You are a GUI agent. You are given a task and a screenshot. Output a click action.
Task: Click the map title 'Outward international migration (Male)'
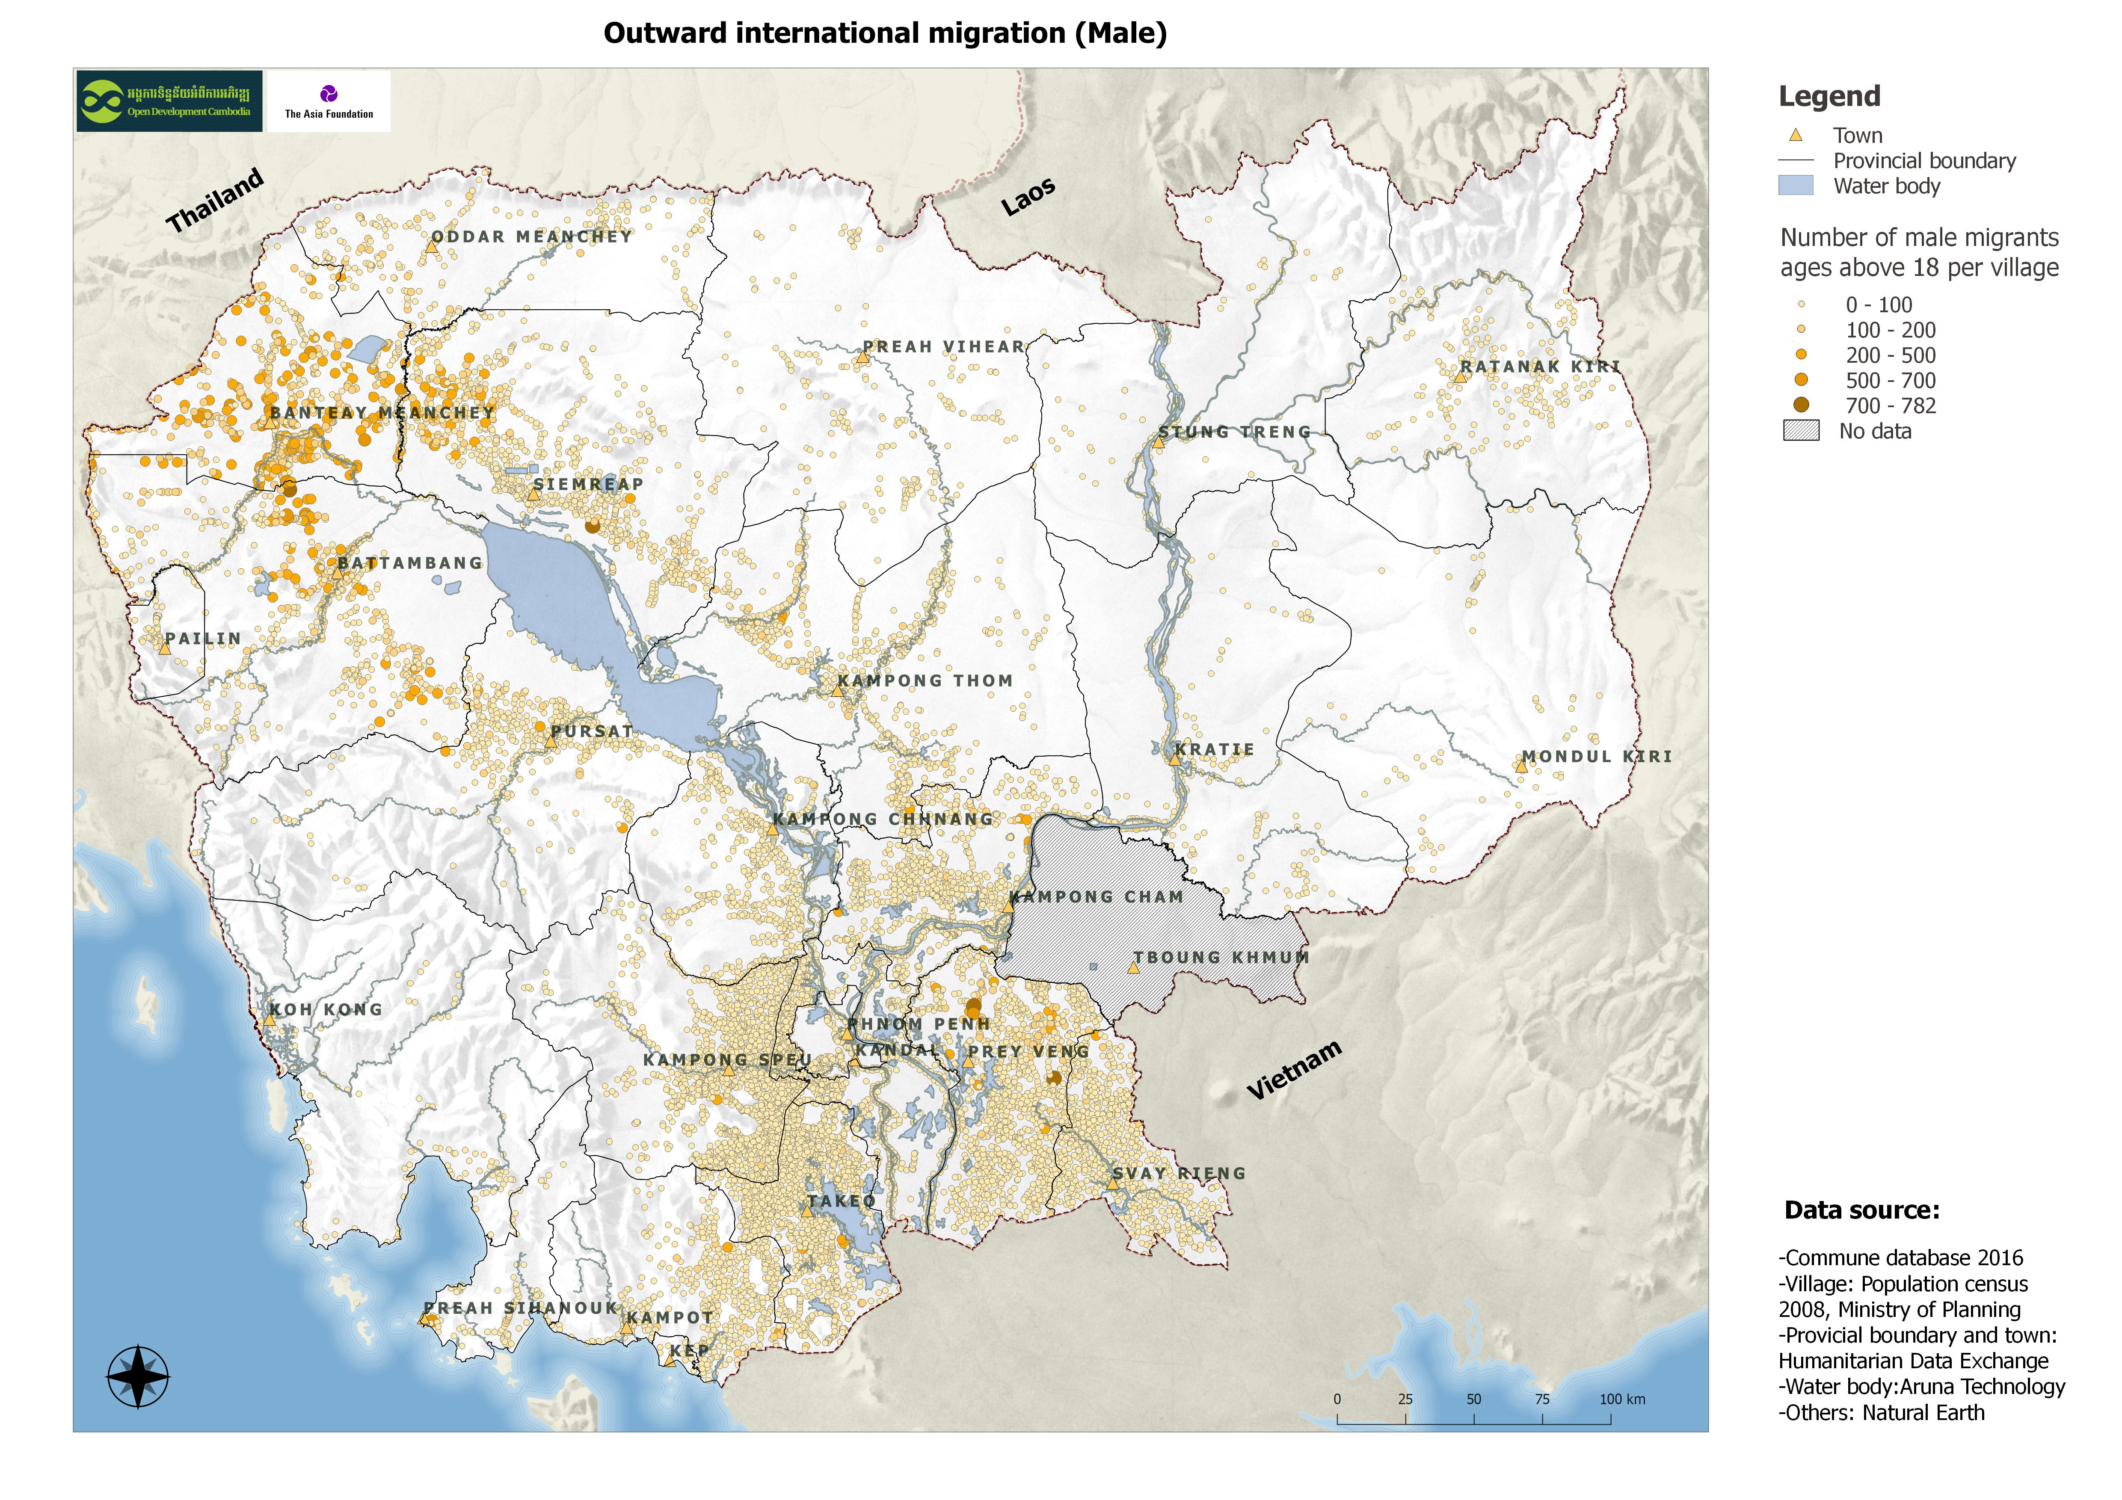tap(884, 33)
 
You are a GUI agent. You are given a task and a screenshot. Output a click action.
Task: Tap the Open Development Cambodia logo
tap(169, 101)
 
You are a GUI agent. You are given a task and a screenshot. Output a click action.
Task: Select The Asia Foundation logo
tap(329, 101)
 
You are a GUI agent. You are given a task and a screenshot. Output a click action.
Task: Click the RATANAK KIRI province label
tap(1540, 367)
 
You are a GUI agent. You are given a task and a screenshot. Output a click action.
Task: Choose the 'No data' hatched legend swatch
tap(1800, 431)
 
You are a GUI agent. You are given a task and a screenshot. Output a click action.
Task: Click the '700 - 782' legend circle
tap(1800, 405)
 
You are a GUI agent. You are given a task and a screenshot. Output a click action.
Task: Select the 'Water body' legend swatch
tap(1795, 186)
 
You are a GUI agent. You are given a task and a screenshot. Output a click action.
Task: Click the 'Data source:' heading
tap(1861, 1211)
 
